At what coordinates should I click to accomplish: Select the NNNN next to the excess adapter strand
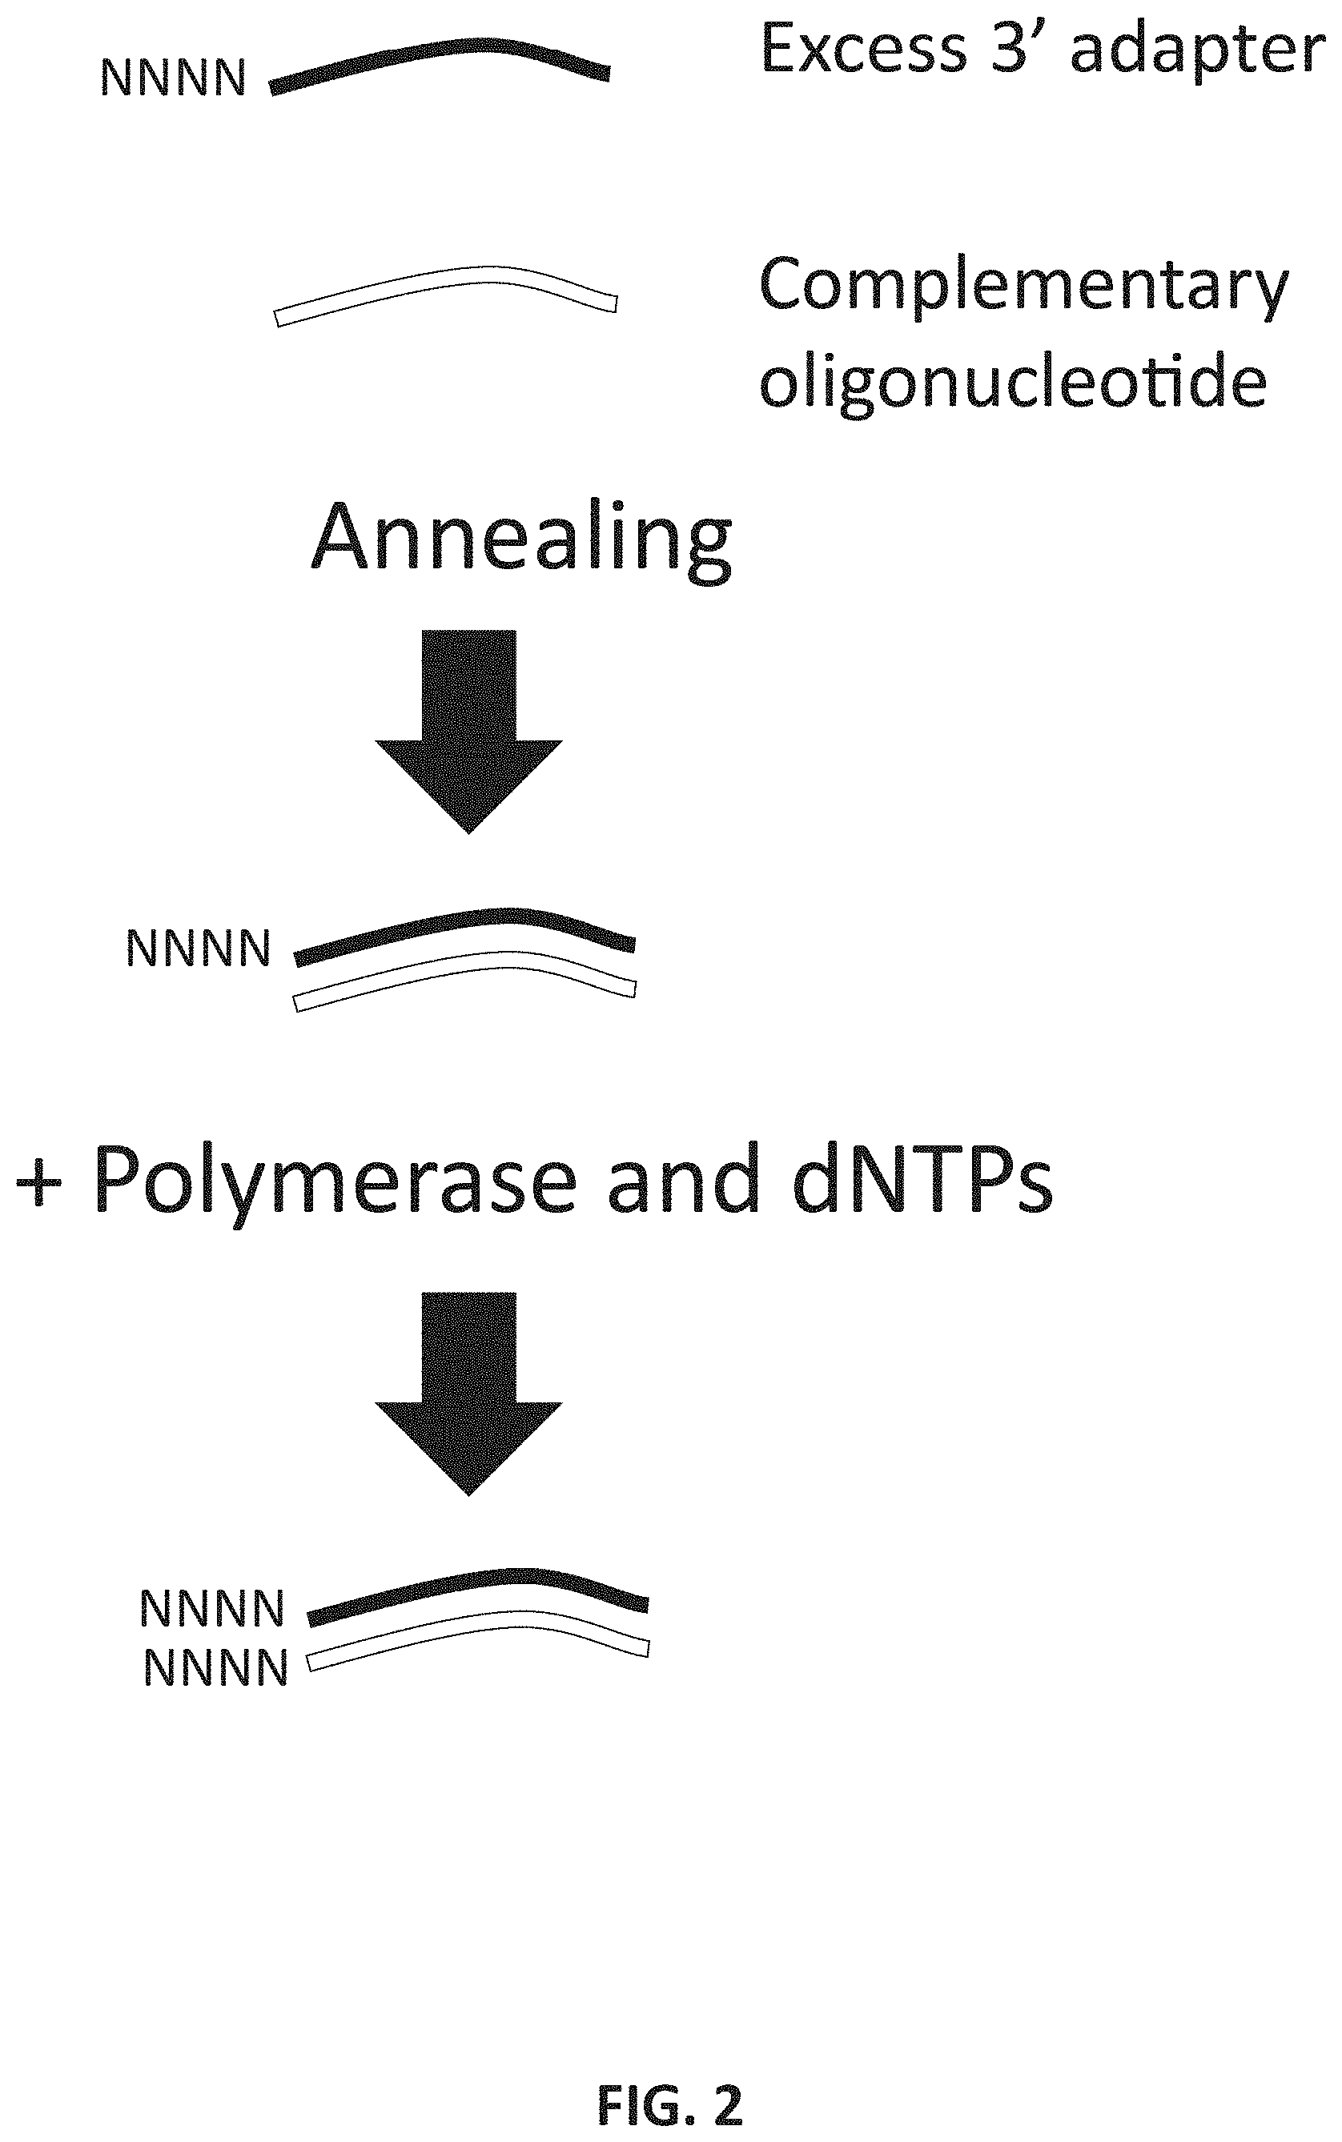(x=173, y=79)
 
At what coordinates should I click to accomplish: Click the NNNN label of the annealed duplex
(x=198, y=949)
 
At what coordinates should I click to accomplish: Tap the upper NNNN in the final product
(x=212, y=1608)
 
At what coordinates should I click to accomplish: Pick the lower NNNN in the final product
(x=215, y=1668)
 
